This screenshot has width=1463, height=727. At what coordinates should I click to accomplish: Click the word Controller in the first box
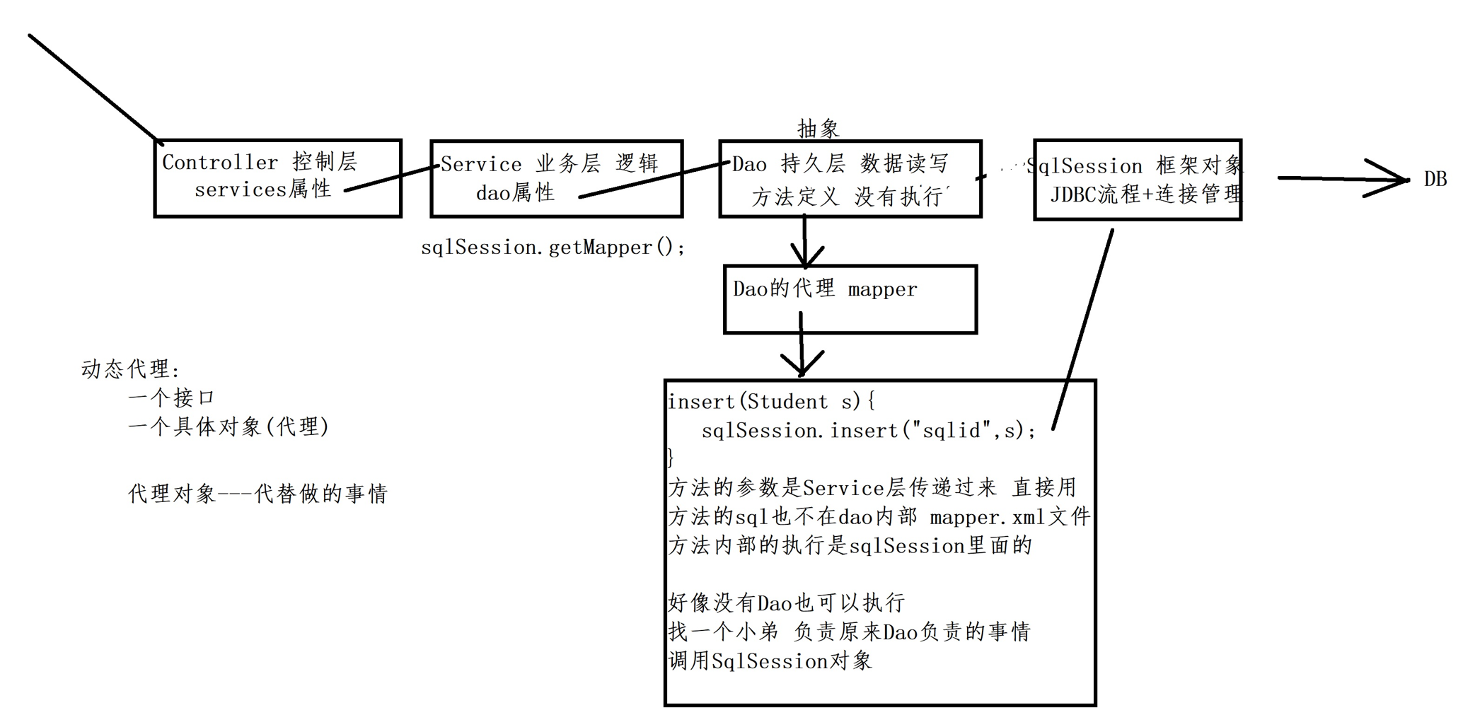[x=220, y=163]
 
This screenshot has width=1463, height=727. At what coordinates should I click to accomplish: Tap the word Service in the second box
[x=481, y=165]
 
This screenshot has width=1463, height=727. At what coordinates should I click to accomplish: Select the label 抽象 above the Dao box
[x=818, y=129]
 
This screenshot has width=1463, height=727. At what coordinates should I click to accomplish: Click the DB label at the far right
[x=1435, y=180]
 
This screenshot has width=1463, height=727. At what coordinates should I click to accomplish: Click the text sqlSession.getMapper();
[x=553, y=248]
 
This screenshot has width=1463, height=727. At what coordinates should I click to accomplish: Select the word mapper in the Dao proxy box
[x=882, y=289]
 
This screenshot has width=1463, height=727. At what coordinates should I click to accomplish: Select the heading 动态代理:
[x=131, y=369]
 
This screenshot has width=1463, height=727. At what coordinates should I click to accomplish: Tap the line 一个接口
[x=171, y=398]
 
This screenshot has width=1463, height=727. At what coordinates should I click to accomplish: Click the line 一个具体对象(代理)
[x=228, y=427]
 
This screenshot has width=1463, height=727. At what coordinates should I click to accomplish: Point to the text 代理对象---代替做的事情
[x=258, y=494]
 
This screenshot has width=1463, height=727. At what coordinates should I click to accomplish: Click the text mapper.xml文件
[x=1010, y=517]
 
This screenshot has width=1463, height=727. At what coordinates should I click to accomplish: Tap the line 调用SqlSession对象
[x=770, y=661]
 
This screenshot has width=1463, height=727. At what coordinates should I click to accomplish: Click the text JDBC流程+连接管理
[x=1145, y=194]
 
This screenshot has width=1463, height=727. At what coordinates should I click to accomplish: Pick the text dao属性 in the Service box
[x=515, y=193]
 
